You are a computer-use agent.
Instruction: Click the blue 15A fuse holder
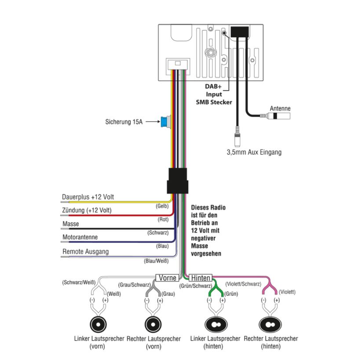166,121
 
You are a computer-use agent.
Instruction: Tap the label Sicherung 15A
124,122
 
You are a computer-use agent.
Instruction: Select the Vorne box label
167,278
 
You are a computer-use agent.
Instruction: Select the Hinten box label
201,278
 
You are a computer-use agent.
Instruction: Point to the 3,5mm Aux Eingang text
254,152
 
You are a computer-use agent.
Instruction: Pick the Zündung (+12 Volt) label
87,210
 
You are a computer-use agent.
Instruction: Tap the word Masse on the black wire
71,224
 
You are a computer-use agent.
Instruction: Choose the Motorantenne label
80,237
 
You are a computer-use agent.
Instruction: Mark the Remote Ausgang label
85,252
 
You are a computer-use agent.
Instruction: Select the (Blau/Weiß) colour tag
156,261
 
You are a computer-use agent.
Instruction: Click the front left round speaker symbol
99,324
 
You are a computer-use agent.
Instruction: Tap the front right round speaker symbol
153,324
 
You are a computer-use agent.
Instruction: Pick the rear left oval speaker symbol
215,324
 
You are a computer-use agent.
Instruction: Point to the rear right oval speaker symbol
270,324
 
